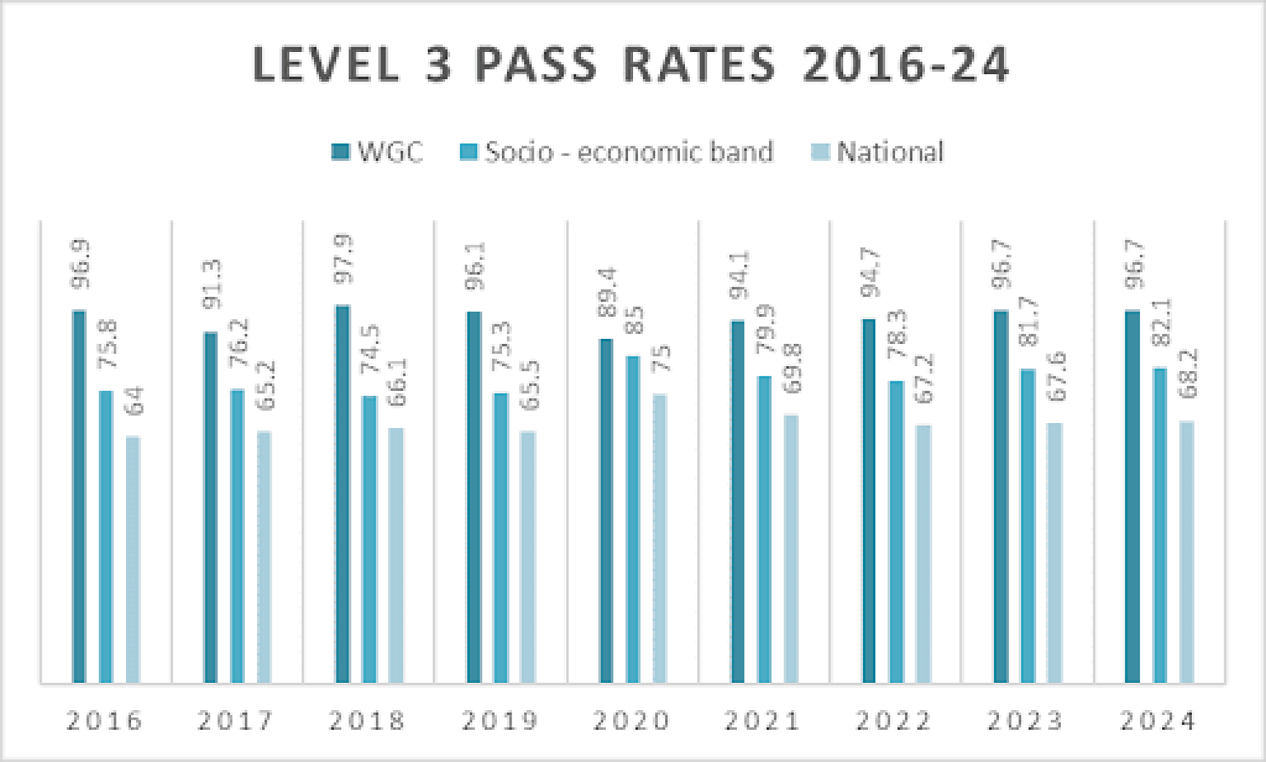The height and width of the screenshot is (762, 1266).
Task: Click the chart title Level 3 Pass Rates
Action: click(630, 65)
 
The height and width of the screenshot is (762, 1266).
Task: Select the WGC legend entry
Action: click(378, 152)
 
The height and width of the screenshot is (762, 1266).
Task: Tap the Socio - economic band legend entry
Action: click(617, 152)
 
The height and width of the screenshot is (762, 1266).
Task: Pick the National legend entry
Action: click(877, 152)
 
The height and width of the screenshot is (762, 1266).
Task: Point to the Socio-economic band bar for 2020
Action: click(633, 519)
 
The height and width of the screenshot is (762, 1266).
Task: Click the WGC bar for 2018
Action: click(342, 493)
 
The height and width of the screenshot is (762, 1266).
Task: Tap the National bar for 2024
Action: click(1187, 551)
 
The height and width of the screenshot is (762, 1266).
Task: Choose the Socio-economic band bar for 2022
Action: click(896, 531)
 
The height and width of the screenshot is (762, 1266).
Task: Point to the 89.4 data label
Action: click(607, 292)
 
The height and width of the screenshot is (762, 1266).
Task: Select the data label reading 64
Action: click(134, 400)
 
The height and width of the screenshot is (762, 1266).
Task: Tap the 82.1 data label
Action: click(1161, 322)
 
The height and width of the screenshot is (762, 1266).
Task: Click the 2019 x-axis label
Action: click(500, 721)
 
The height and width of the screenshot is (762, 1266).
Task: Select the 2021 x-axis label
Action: click(763, 721)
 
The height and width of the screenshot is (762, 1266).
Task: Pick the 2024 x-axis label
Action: click(1158, 721)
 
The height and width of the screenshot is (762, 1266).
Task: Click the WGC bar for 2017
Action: click(211, 507)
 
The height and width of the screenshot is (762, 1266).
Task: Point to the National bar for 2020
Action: click(660, 538)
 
